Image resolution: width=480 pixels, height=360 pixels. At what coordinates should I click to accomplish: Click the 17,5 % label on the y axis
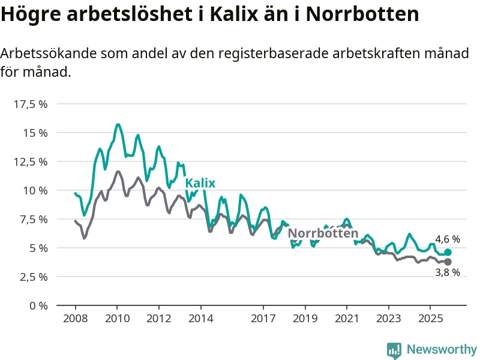(30, 104)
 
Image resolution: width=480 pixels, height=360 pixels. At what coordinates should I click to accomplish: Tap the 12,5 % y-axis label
(30, 161)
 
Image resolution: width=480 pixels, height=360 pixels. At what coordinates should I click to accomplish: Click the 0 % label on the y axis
(37, 305)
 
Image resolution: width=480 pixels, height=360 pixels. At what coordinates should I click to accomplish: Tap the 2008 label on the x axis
(74, 318)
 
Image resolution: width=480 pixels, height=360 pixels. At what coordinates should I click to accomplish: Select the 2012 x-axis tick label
(158, 318)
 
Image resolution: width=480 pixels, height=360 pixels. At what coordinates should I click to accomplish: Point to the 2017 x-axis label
(263, 318)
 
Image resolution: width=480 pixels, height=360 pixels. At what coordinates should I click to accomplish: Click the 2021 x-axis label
(347, 318)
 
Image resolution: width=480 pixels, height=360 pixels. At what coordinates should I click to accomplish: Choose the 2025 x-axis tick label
(430, 318)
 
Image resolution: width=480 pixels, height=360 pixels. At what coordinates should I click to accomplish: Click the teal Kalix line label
(200, 184)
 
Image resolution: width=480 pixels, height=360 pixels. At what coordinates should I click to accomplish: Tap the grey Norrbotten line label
(323, 233)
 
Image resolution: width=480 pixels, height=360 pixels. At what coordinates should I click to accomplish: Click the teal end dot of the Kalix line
(448, 253)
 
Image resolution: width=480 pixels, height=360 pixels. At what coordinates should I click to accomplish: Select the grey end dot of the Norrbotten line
(448, 262)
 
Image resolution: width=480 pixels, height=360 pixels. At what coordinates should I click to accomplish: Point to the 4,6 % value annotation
(447, 239)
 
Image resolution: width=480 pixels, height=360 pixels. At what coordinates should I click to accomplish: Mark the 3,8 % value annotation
(447, 273)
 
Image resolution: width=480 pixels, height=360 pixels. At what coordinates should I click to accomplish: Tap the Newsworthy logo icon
(394, 350)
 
